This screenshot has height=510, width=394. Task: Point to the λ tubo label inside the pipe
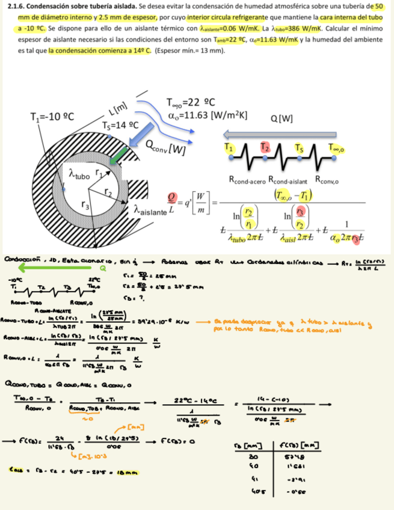click(x=80, y=174)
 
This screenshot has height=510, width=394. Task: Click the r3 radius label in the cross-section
click(x=86, y=204)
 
